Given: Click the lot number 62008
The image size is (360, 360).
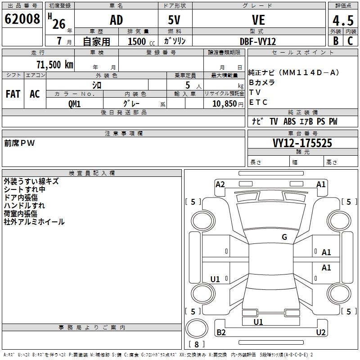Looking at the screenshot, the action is click(22, 19).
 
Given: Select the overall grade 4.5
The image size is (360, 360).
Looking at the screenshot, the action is click(343, 20).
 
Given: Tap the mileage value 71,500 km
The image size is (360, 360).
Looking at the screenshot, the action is click(55, 64).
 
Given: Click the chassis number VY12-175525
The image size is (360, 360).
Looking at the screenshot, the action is click(302, 143).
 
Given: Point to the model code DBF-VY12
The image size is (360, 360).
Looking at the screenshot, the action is click(258, 41).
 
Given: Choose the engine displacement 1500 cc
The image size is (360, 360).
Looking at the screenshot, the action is click(141, 41).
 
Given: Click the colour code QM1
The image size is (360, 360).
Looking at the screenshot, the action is click(75, 104).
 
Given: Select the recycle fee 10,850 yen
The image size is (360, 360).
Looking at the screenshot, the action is click(228, 104).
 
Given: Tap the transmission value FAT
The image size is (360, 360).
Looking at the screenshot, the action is click(13, 94).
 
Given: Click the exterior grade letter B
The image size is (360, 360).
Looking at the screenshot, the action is click(336, 41).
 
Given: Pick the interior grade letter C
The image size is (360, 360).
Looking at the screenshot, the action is click(350, 41).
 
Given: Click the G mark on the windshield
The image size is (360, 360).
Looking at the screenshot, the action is click(284, 237).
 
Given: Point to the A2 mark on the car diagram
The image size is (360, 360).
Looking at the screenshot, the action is click(220, 184).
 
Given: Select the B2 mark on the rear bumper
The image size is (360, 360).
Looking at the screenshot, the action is click(221, 332).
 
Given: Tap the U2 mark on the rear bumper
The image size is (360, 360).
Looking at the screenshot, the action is click(321, 332).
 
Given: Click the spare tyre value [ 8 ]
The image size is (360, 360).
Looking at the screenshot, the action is click(197, 344).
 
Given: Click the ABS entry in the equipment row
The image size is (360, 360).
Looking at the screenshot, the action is click(289, 121).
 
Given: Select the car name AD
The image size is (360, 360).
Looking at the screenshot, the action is click(117, 20).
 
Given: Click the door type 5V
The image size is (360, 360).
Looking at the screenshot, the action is click(174, 20).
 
